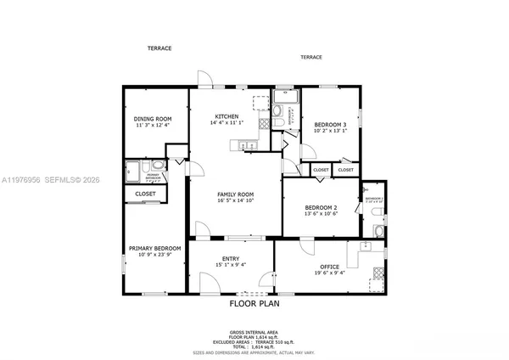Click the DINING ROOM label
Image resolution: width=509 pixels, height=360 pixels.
point(154,119)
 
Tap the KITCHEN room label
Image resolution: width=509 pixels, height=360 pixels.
point(227,116)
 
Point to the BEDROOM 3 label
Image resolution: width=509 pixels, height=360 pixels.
point(327,125)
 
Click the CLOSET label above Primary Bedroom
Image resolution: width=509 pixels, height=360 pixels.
point(145,194)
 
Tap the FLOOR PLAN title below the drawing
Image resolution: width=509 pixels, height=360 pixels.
point(254,302)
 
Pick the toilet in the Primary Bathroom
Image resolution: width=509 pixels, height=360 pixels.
point(159,166)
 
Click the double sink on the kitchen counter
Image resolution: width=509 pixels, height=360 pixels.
point(249,145)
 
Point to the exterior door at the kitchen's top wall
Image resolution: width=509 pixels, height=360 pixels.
point(204,81)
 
